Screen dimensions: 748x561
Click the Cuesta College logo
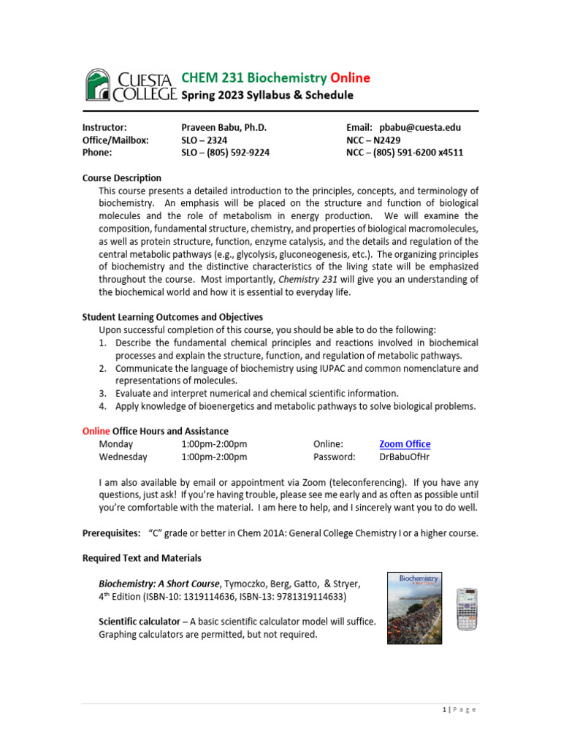pyautogui.click(x=130, y=85)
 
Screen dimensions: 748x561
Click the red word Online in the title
pyautogui.click(x=350, y=78)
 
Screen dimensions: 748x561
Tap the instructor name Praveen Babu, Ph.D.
pyautogui.click(x=224, y=127)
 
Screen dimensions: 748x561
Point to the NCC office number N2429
pyautogui.click(x=393, y=140)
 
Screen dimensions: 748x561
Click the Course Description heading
pyautogui.click(x=121, y=178)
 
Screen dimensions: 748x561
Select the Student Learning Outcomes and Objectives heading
pyautogui.click(x=172, y=317)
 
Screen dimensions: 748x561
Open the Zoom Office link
pyautogui.click(x=405, y=444)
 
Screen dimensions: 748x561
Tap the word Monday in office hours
pyautogui.click(x=116, y=444)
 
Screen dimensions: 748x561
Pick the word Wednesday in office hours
pyautogui.click(x=123, y=457)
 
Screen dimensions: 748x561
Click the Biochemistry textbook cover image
pyautogui.click(x=414, y=608)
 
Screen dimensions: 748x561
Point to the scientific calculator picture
pyautogui.click(x=467, y=609)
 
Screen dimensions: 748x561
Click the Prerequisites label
pyautogui.click(x=111, y=533)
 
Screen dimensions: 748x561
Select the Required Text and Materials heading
pyautogui.click(x=142, y=558)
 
